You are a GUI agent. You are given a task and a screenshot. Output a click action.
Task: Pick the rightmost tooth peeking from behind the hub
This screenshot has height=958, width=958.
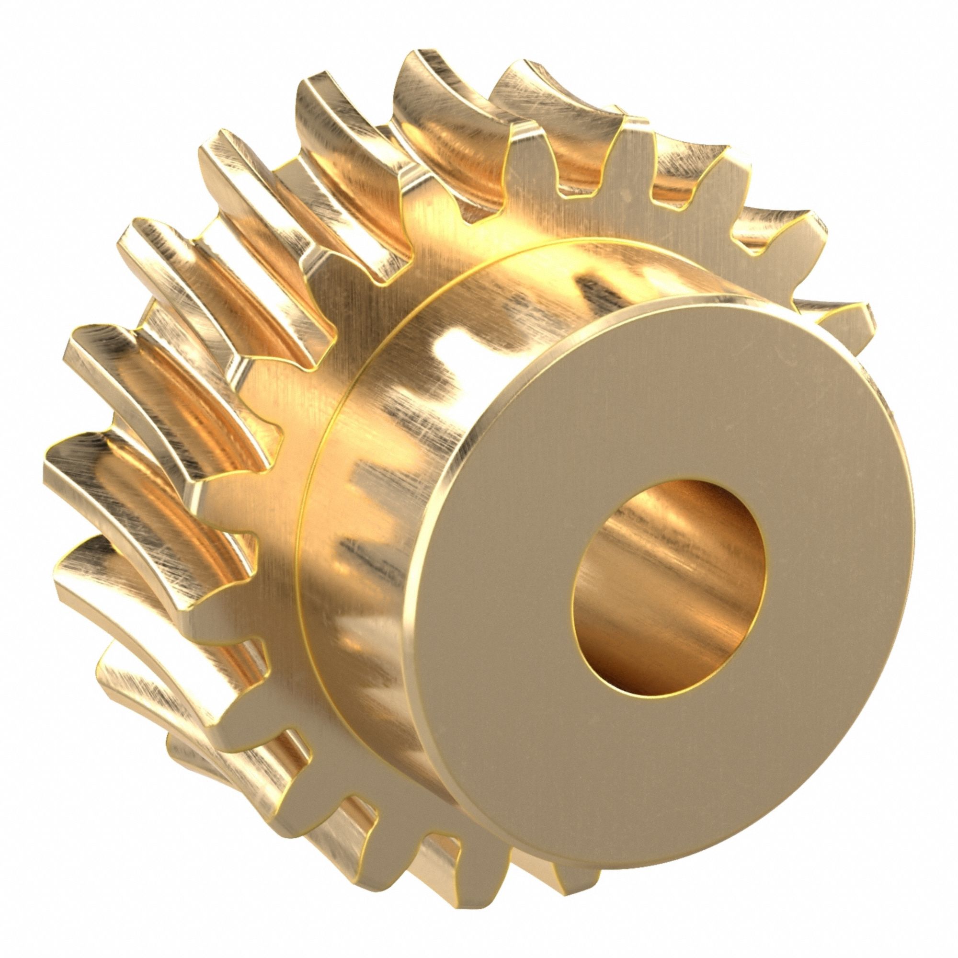(x=843, y=318)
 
